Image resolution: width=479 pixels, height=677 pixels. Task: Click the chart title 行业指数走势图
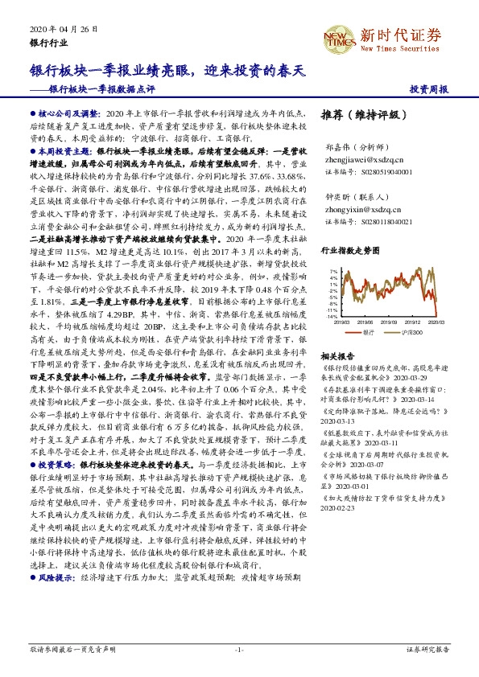tap(349, 251)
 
